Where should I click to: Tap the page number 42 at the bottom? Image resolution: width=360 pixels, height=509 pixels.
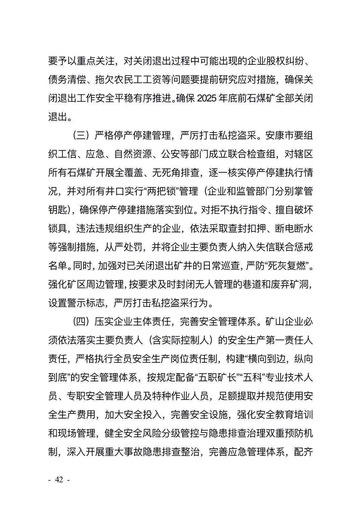59,479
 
